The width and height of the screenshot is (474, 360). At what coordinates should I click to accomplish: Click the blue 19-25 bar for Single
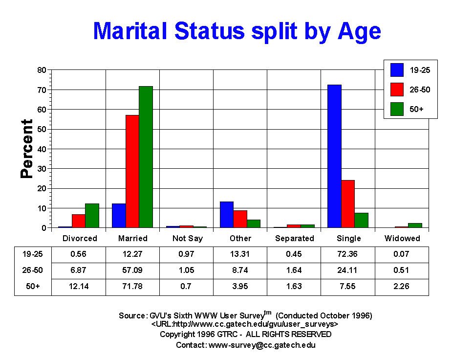[x=334, y=156]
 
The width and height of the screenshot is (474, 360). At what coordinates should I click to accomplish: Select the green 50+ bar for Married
[x=146, y=157]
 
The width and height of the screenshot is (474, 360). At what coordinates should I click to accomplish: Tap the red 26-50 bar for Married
[x=132, y=171]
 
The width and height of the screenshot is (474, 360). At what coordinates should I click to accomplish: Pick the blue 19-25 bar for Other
[x=227, y=215]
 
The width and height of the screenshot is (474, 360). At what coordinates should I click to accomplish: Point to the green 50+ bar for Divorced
[x=92, y=216]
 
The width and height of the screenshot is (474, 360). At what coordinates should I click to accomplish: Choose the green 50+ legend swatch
[x=397, y=109]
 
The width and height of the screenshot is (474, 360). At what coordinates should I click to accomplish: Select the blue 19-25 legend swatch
[x=397, y=70]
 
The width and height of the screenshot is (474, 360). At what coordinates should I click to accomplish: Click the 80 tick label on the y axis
[x=42, y=70]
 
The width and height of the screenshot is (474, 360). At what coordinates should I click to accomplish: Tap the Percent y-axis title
[x=27, y=149]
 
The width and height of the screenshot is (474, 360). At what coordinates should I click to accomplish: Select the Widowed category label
[x=402, y=238]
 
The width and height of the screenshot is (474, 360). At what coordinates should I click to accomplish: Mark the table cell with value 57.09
[x=132, y=270]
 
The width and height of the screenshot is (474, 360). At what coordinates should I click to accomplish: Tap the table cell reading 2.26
[x=402, y=286]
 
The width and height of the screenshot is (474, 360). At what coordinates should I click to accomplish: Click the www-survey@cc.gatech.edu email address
[x=262, y=345]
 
